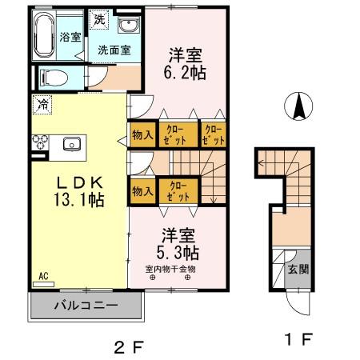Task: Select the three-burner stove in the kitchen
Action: click(x=39, y=144)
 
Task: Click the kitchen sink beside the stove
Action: click(x=71, y=144)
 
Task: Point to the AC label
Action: click(x=44, y=277)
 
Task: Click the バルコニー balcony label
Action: click(x=86, y=306)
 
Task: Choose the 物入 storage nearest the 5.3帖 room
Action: click(x=142, y=191)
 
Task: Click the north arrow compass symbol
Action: click(x=297, y=106)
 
